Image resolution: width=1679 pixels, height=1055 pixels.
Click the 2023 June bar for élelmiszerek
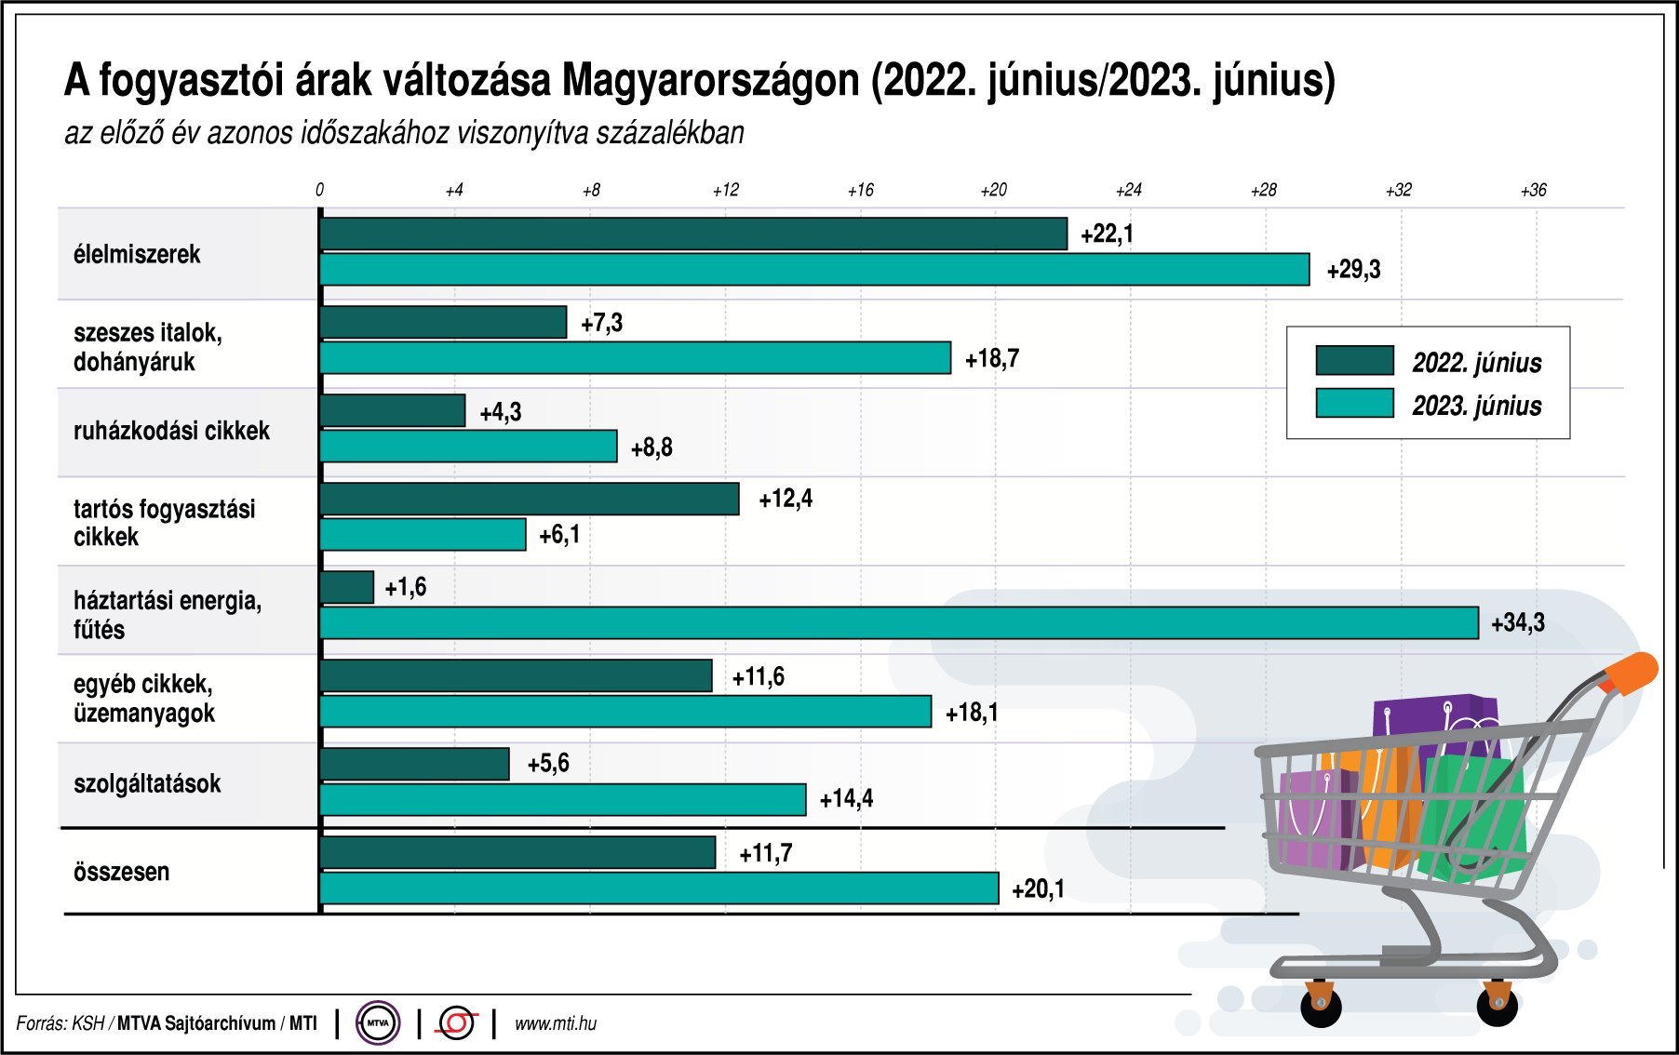pos(814,270)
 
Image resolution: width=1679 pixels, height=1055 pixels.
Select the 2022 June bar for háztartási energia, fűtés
pos(347,587)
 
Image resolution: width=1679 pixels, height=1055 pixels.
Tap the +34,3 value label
pos(1517,622)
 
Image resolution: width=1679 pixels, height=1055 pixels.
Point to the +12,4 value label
pos(785,499)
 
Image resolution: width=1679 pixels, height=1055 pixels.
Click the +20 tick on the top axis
pos(993,190)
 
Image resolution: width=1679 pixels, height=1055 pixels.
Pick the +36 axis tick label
pos(1533,190)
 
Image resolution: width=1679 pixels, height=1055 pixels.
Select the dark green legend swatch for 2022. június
pos(1354,360)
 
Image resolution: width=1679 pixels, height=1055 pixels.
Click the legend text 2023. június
pos(1476,406)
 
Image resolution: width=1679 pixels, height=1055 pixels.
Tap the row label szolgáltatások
pos(147,783)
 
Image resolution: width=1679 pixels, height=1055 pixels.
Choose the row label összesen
pos(121,872)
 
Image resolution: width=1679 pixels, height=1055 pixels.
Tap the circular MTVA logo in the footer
pos(378,1023)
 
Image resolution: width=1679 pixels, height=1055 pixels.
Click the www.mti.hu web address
pos(556,1023)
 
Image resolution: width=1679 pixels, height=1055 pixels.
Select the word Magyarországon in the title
pos(710,81)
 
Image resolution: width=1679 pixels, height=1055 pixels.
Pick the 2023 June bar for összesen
pos(659,888)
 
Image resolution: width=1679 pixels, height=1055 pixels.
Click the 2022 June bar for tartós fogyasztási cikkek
pos(530,499)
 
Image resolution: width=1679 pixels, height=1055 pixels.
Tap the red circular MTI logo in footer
pos(457,1023)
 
